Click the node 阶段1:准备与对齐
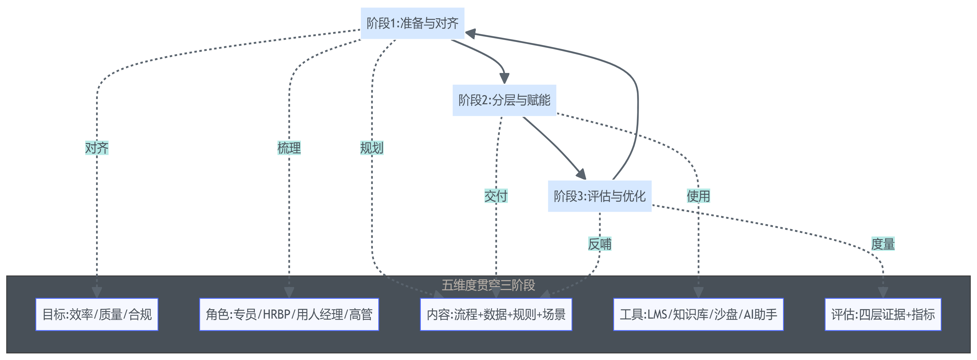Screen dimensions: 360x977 [x=412, y=23]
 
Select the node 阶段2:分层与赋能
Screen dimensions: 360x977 [x=504, y=100]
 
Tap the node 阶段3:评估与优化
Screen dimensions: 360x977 [x=599, y=196]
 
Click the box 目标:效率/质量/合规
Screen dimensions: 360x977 [x=97, y=314]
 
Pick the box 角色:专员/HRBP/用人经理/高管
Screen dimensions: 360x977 [x=289, y=314]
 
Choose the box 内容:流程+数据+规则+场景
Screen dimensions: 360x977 [x=496, y=314]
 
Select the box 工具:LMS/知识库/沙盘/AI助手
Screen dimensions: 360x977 [x=698, y=314]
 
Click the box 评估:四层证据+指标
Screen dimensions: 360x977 [x=883, y=314]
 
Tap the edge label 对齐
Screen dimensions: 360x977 [x=97, y=148]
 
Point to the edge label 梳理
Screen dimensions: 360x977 [x=289, y=148]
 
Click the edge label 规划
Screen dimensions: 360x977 [x=372, y=148]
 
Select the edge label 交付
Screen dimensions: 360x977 [x=496, y=196]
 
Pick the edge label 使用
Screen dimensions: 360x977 [x=698, y=196]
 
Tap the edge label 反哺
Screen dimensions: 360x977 [x=599, y=244]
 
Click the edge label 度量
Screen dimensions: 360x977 [x=883, y=244]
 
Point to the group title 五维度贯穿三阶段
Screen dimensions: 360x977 [x=488, y=285]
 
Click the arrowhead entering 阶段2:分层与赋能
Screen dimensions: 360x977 [x=504, y=79]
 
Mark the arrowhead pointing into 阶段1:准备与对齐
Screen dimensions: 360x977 [x=470, y=33]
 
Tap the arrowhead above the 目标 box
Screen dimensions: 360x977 [x=97, y=293]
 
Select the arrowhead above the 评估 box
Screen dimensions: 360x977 [x=883, y=293]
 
